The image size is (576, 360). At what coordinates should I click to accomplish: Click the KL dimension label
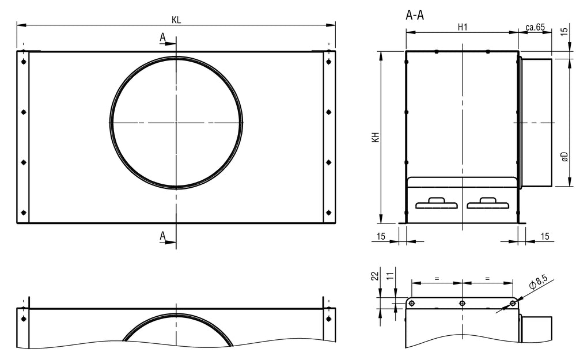176,20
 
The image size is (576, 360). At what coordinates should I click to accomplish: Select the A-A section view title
415,16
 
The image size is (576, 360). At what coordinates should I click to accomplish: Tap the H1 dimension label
462,26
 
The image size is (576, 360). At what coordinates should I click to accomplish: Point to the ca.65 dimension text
535,27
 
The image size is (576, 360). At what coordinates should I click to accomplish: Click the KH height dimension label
375,137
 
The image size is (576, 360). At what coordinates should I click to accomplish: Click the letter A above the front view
163,37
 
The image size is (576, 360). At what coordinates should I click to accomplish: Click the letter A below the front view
163,236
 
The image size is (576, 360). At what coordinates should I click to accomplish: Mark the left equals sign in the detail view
437,278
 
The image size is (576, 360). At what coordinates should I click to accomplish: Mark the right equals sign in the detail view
487,278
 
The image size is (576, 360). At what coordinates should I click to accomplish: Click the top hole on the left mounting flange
23,62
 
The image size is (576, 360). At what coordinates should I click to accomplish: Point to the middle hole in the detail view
462,303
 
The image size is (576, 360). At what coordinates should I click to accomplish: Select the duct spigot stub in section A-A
537,122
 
